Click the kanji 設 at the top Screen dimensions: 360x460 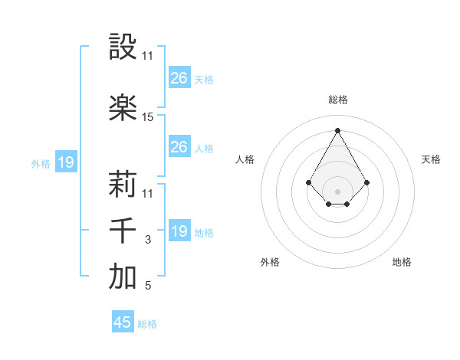tap(123, 47)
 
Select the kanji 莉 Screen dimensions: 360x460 tap(123, 185)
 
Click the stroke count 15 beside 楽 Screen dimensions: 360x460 tap(148, 117)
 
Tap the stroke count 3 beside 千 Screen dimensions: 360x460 tap(148, 240)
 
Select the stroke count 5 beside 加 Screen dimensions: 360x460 tap(148, 286)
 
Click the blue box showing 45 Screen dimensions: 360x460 tap(123, 322)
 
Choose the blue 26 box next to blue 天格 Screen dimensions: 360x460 tap(179, 78)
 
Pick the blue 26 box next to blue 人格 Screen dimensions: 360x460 tap(179, 147)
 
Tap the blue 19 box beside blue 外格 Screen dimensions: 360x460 tap(65, 162)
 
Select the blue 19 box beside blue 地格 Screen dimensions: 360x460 tap(179, 231)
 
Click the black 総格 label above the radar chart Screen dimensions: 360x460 tap(337, 100)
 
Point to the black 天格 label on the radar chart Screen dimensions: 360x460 tap(432, 159)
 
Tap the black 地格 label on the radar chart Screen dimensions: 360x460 tap(402, 262)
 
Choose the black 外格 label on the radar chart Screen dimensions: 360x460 tap(270, 262)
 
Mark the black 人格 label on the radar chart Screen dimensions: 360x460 tap(245, 159)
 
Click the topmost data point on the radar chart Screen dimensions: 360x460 tap(337, 130)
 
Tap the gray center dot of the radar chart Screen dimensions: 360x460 tap(337, 191)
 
